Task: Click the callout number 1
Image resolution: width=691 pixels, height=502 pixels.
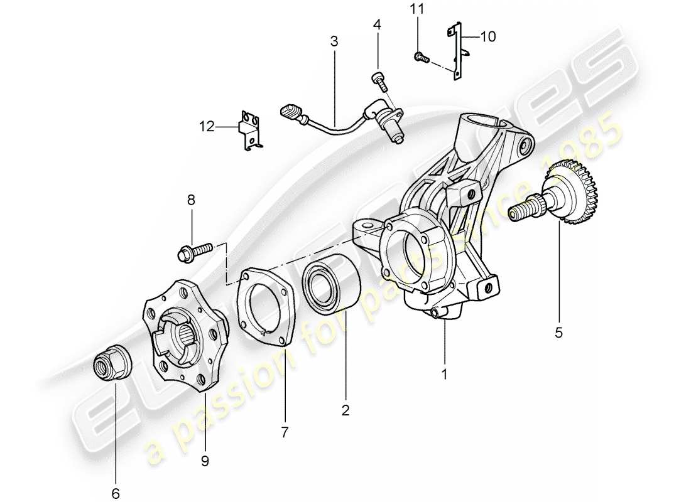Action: coord(444,375)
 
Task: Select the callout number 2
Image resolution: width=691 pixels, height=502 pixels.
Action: coord(345,410)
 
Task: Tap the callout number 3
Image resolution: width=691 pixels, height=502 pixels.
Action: coord(334,42)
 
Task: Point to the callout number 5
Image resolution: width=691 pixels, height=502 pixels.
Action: coord(558,333)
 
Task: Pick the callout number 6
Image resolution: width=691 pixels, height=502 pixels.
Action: coord(117,493)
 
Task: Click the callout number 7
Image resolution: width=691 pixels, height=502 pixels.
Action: coord(285,432)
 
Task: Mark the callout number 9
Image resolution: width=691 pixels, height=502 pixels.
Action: coord(205,461)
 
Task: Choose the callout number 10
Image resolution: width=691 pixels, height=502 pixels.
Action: coord(488,37)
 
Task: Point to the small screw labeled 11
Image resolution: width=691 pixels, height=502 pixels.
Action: coord(421,58)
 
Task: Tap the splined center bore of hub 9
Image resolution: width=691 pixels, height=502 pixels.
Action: coord(186,338)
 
